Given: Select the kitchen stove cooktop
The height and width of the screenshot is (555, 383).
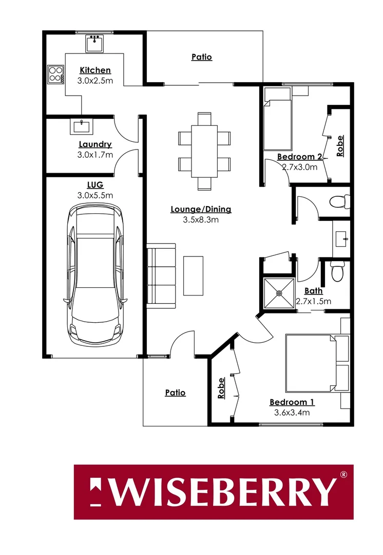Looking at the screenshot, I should click(55, 75).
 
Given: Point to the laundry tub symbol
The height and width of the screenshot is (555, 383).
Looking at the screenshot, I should click(81, 126).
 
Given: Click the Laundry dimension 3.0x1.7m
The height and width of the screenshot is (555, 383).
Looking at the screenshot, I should click(95, 154).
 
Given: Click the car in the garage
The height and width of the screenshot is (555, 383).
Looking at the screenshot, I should click(95, 275).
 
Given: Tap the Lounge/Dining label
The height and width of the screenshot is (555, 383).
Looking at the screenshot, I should click(201, 209).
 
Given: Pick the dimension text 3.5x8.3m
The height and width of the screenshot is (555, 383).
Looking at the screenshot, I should click(201, 219).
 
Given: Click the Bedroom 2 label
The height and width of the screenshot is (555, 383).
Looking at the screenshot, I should click(299, 157).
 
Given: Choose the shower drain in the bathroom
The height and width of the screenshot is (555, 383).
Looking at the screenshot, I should click(279, 293).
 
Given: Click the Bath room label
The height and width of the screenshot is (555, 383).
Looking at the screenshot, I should click(313, 291).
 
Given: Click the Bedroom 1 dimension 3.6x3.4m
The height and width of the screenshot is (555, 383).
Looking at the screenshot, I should click(292, 412).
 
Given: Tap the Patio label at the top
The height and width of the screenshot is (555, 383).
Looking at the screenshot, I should click(202, 58).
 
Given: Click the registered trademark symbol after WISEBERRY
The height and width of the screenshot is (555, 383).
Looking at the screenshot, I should click(344, 474).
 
